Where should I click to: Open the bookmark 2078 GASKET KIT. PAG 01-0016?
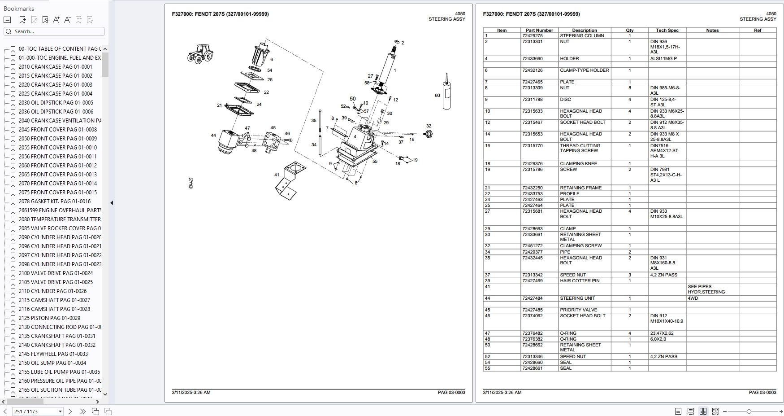[x=54, y=201]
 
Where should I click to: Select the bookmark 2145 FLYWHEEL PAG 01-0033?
[x=53, y=354]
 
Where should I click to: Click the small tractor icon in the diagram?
[x=200, y=53]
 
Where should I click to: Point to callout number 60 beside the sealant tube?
[x=437, y=95]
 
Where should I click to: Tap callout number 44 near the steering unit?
[x=213, y=135]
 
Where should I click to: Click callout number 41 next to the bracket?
[x=277, y=175]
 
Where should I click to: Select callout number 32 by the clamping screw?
[x=429, y=126]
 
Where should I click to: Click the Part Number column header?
[x=539, y=31]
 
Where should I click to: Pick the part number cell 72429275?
[x=532, y=36]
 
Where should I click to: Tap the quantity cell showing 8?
[x=629, y=88]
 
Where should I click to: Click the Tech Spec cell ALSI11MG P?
[x=663, y=59]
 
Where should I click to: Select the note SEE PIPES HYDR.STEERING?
[x=706, y=289]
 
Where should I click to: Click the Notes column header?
[x=712, y=31]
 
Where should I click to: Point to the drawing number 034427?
[x=191, y=183]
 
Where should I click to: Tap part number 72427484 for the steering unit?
[x=532, y=298]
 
